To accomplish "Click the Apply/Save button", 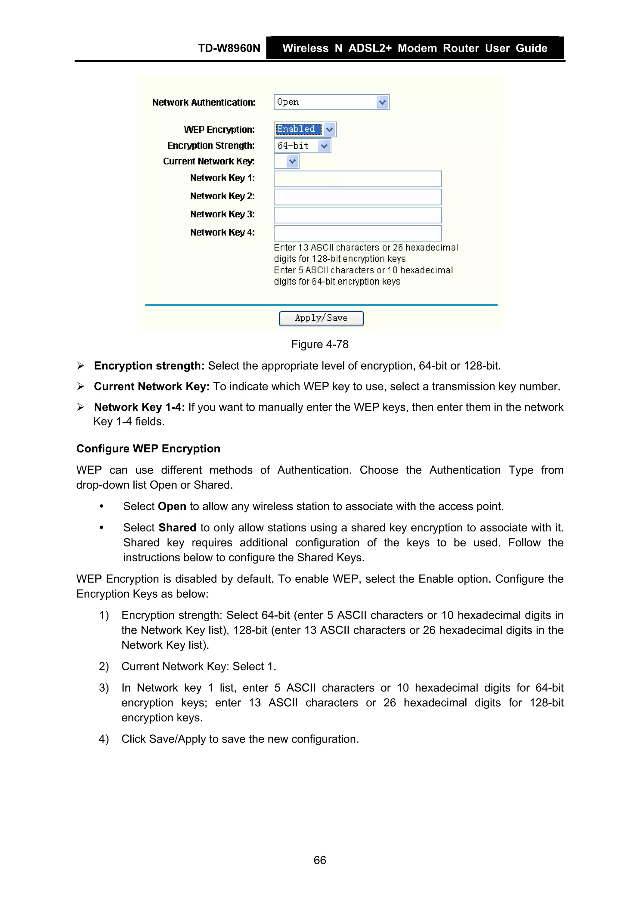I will coord(321,319).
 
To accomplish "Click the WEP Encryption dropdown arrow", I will coord(329,129).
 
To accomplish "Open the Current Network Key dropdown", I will coord(292,161).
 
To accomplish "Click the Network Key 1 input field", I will coord(357,179).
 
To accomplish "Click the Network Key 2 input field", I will coord(357,197).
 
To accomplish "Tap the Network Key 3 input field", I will coord(357,215).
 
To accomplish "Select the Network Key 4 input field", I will coord(357,233).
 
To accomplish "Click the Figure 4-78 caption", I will coord(319,345).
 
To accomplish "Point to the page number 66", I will coord(319,860).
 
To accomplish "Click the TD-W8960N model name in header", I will coord(229,48).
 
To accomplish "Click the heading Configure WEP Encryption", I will coord(148,449).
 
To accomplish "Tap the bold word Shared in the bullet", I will coord(177,527).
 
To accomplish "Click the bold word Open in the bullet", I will coord(172,506).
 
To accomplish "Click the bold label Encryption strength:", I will coord(149,366).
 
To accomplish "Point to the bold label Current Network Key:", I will coord(152,386).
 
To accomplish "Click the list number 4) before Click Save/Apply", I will coord(104,739).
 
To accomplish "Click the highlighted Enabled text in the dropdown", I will coord(296,129).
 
